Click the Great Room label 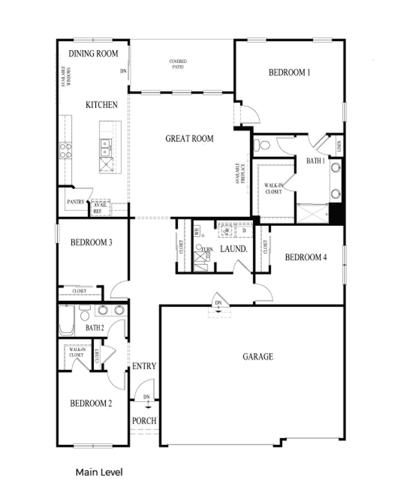point(189,139)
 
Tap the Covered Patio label point(178,64)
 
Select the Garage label point(258,356)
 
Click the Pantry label point(76,202)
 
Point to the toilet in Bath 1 point(262,145)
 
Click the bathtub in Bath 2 point(67,320)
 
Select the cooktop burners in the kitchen point(66,151)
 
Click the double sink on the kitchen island point(105,147)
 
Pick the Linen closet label point(339,146)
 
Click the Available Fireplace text point(240,173)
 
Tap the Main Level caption point(99,472)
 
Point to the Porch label point(144,421)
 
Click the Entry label point(144,366)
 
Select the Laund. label point(233,249)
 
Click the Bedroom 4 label point(306,257)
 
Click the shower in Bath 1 point(312,213)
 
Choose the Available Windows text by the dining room point(66,76)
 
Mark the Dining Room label point(93,54)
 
